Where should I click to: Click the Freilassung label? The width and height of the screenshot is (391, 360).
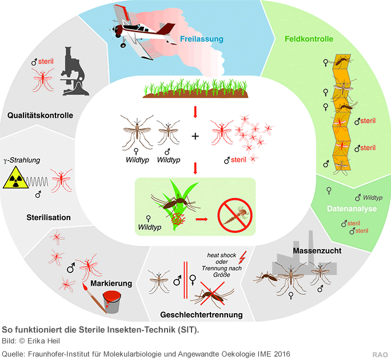201,39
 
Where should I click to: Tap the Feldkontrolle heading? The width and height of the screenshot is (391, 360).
309,39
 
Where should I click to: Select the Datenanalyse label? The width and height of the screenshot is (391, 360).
352,209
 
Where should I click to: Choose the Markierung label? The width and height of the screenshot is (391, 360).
111,283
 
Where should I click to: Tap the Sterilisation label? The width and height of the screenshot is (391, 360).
49,217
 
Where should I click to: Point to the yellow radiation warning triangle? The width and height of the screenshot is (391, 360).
14,180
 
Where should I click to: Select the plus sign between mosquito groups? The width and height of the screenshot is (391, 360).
195,137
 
